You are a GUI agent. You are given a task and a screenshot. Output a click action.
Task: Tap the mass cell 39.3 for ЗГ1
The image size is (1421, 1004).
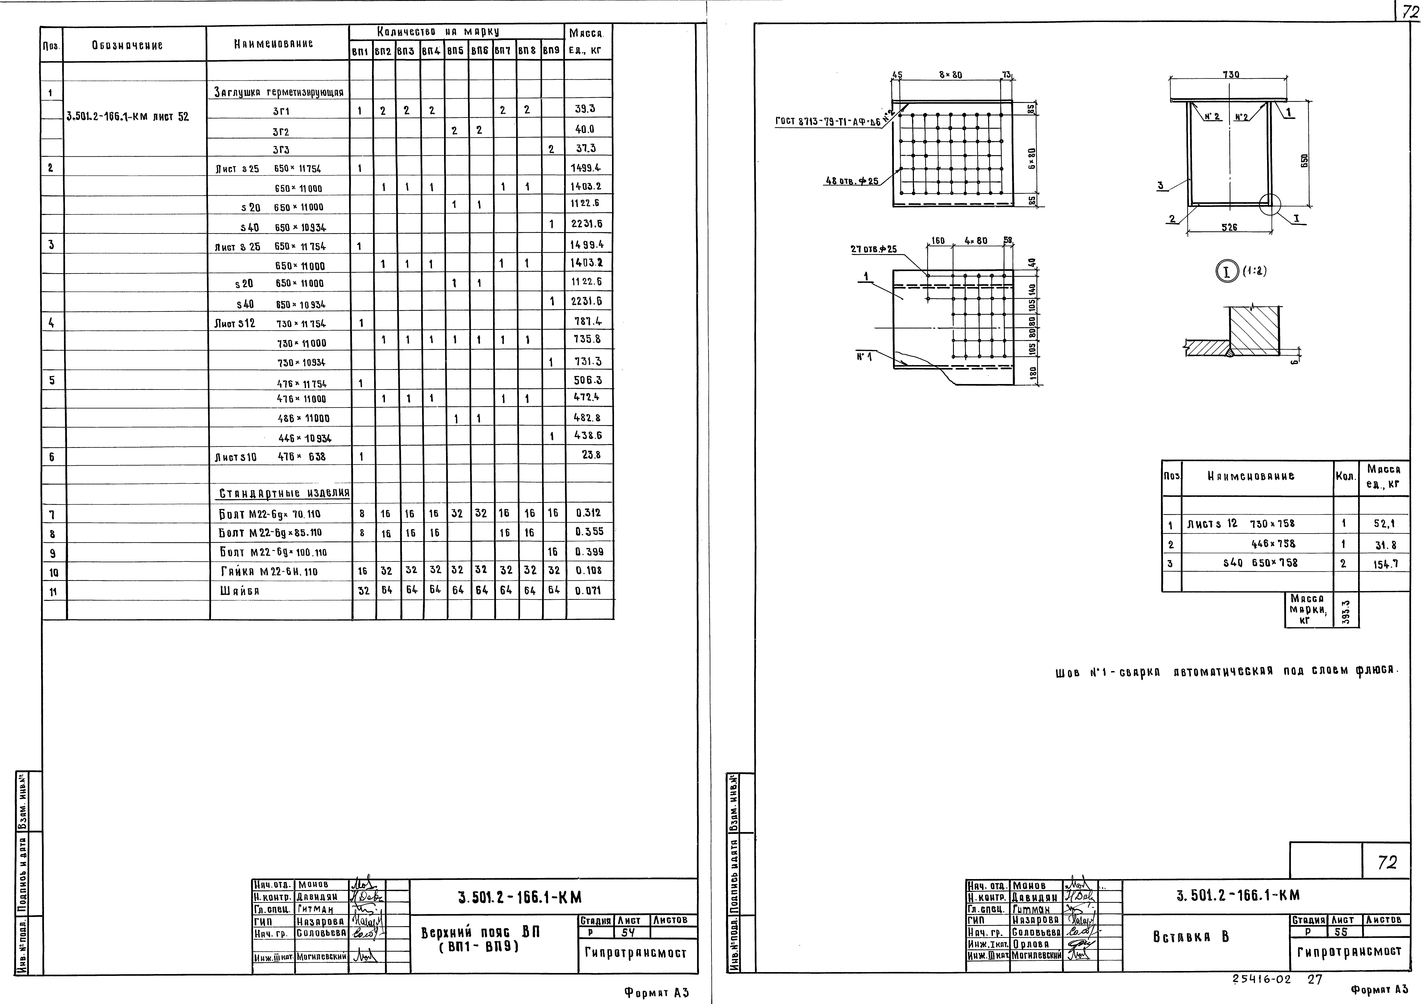point(585,109)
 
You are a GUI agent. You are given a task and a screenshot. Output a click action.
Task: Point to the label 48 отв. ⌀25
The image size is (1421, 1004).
point(851,182)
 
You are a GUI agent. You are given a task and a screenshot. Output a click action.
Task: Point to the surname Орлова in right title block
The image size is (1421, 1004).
point(1030,944)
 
